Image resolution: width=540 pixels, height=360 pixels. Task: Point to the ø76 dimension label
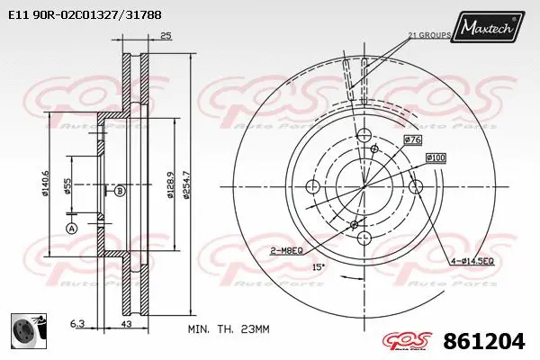[x=413, y=139]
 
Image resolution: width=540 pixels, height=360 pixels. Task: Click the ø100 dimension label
[x=436, y=158]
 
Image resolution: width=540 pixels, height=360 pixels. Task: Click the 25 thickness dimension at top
[x=165, y=36]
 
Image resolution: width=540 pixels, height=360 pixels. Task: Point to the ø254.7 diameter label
[x=186, y=184]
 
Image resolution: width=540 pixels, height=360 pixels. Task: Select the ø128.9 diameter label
[x=170, y=184]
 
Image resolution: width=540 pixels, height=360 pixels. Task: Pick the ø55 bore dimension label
[x=67, y=186]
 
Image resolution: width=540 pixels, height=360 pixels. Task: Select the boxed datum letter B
[x=119, y=191]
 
